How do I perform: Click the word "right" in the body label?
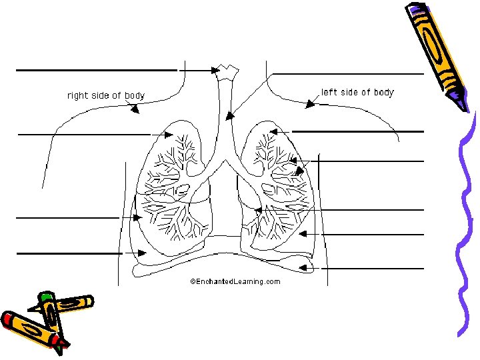(x=78, y=95)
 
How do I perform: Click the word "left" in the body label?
(x=329, y=92)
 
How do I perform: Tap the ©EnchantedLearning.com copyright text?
(x=235, y=281)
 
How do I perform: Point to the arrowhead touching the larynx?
(x=216, y=69)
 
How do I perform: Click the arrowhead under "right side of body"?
(x=135, y=110)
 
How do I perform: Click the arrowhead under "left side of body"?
(x=310, y=104)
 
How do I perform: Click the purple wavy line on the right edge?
(x=467, y=220)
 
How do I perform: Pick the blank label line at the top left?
(x=96, y=69)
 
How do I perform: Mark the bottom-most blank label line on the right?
(x=376, y=268)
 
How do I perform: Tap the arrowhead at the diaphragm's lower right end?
(x=304, y=267)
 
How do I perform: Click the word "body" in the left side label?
(x=383, y=92)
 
